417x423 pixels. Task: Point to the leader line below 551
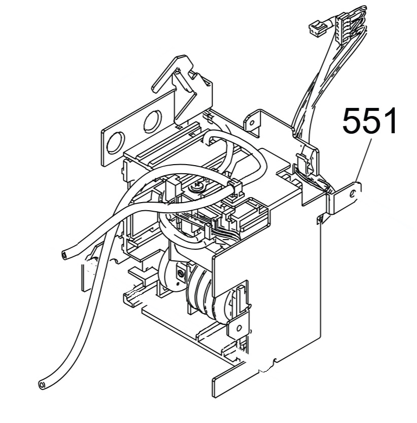click(364, 161)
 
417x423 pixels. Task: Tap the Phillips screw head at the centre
click(196, 186)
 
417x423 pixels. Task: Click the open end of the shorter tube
click(64, 255)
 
